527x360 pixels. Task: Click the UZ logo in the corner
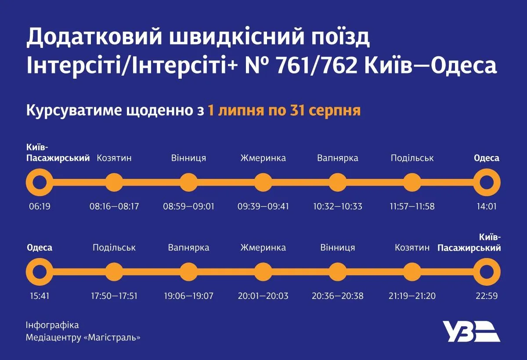470,331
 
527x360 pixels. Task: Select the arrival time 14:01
487,206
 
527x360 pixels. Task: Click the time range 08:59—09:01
188,206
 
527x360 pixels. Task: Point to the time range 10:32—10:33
337,206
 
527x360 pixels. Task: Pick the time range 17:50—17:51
114,296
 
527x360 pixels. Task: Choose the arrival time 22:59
487,296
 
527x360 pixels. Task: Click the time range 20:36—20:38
337,296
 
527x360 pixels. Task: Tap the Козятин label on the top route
114,158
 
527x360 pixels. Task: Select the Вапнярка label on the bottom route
188,248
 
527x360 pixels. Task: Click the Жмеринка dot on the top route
263,182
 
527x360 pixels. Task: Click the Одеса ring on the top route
487,182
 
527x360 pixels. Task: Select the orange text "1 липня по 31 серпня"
284,110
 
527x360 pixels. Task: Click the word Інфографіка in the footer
52,325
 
